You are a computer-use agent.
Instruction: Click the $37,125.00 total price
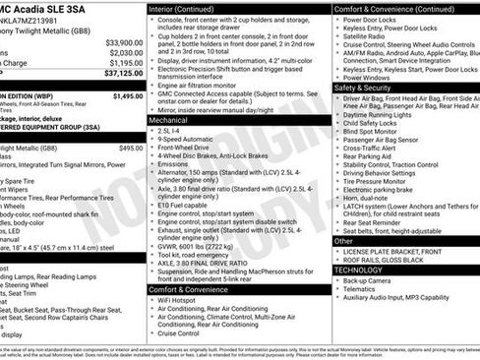pyautogui.click(x=119, y=73)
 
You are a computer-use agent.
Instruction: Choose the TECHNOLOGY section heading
pyautogui.click(x=359, y=269)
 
